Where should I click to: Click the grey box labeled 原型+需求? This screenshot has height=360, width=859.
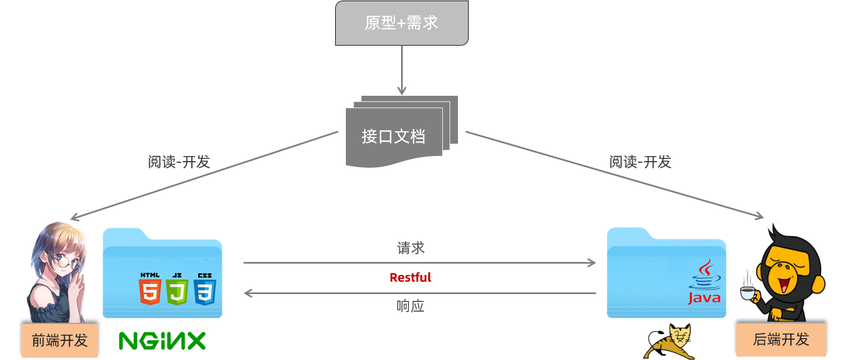pyautogui.click(x=402, y=23)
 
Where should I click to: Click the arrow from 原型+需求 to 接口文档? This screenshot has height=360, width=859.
pyautogui.click(x=402, y=70)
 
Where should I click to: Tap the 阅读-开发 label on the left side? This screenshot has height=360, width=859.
pyautogui.click(x=179, y=162)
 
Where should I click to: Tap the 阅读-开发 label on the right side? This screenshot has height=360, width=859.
pyautogui.click(x=640, y=162)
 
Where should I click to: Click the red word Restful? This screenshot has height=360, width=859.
pyautogui.click(x=410, y=278)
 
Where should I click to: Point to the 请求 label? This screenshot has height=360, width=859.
pyautogui.click(x=410, y=248)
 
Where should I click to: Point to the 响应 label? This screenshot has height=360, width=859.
pyautogui.click(x=410, y=306)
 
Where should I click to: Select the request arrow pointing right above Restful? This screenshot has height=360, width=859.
pyautogui.click(x=420, y=263)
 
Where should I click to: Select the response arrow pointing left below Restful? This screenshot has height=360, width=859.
pyautogui.click(x=420, y=293)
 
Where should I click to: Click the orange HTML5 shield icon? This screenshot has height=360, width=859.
pyautogui.click(x=150, y=289)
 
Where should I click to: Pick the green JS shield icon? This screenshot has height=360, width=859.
pyautogui.click(x=177, y=289)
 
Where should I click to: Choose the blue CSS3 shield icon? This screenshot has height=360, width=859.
pyautogui.click(x=204, y=289)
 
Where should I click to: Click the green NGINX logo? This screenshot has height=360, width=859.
pyautogui.click(x=162, y=341)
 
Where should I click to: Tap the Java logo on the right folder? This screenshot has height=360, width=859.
pyautogui.click(x=704, y=282)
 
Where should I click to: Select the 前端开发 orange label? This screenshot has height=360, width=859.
pyautogui.click(x=60, y=340)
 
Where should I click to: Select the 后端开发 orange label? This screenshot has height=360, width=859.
pyautogui.click(x=781, y=339)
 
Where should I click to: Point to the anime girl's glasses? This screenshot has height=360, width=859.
pyautogui.click(x=66, y=260)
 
